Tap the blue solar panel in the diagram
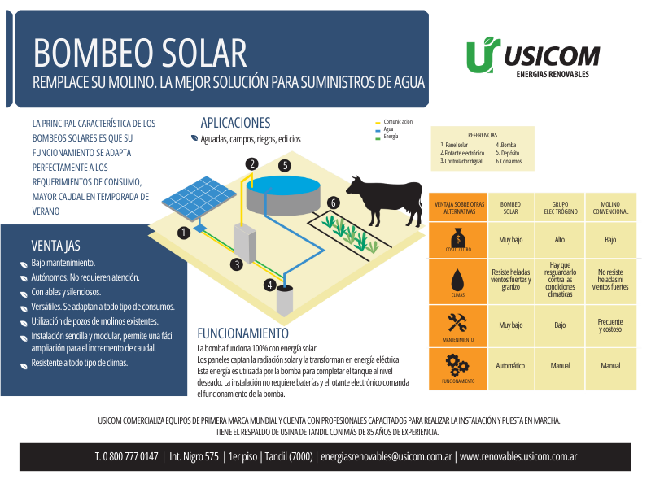[199, 198]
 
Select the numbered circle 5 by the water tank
[285, 166]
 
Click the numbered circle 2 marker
[251, 164]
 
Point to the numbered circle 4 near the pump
[270, 285]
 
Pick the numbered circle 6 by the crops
[333, 203]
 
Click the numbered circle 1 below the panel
[184, 233]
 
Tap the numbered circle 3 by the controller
[237, 264]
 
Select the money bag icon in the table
[458, 238]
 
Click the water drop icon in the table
[457, 280]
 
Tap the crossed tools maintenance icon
[457, 323]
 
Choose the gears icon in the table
[457, 365]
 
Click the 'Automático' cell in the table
[510, 365]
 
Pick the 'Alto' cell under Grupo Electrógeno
[560, 239]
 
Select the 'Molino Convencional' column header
[610, 208]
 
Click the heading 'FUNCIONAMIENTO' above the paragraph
[242, 333]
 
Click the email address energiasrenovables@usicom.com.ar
[386, 456]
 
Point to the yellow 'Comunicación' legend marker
[378, 124]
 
